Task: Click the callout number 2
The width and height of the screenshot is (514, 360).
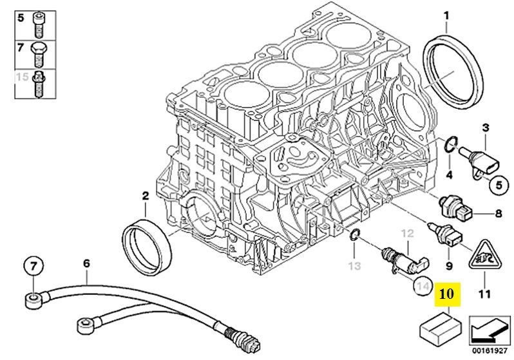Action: click(145, 194)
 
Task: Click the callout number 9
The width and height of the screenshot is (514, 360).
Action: click(449, 264)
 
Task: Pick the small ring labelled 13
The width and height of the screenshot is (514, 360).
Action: click(354, 238)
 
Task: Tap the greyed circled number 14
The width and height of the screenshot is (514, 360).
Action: click(422, 285)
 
